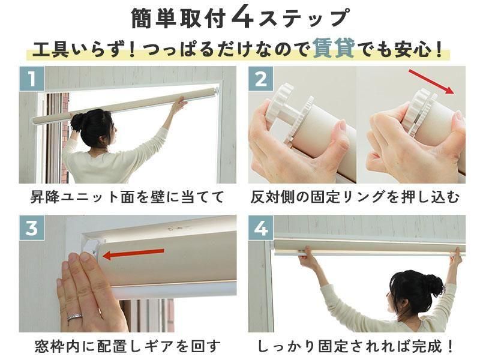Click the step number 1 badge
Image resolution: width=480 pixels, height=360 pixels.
(32, 79)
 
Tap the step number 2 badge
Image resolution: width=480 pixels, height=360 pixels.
(260, 79)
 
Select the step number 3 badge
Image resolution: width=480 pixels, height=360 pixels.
(32, 228)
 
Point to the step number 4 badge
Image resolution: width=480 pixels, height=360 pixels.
(260, 228)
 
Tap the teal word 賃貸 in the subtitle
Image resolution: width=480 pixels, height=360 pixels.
(334, 49)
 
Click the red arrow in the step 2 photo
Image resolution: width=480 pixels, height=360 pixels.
(431, 82)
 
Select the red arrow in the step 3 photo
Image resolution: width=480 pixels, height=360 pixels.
(133, 253)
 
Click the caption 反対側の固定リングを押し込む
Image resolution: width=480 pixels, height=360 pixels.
(355, 197)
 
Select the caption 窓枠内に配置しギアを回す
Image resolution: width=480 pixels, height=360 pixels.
(128, 346)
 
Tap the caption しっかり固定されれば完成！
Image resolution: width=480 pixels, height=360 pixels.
(355, 346)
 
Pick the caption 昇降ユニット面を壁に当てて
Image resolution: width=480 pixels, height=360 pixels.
(127, 197)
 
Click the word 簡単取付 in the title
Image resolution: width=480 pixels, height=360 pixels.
(179, 19)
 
